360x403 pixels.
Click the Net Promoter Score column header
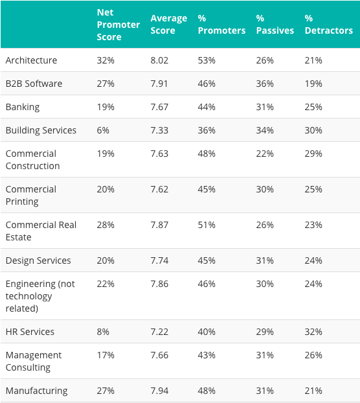(x=118, y=25)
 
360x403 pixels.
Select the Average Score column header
(x=168, y=25)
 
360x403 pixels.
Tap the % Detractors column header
(x=328, y=25)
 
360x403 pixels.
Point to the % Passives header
(x=275, y=25)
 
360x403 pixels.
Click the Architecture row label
(x=31, y=60)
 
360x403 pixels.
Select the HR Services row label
(x=30, y=332)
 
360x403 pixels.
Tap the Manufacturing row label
(x=36, y=391)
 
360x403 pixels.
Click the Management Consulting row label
(x=34, y=361)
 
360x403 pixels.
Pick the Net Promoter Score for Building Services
(x=103, y=130)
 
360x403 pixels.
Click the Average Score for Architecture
(x=161, y=60)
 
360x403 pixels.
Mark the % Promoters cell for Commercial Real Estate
(x=208, y=225)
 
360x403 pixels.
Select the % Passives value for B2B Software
(x=265, y=84)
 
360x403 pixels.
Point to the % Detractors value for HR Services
(x=313, y=332)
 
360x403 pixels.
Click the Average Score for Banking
(x=161, y=107)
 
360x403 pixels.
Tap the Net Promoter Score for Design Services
(x=106, y=260)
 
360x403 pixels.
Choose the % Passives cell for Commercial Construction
(x=265, y=154)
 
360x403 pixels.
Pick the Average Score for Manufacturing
(x=161, y=391)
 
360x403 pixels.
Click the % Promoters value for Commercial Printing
(x=208, y=189)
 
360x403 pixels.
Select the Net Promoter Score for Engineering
(x=106, y=284)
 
